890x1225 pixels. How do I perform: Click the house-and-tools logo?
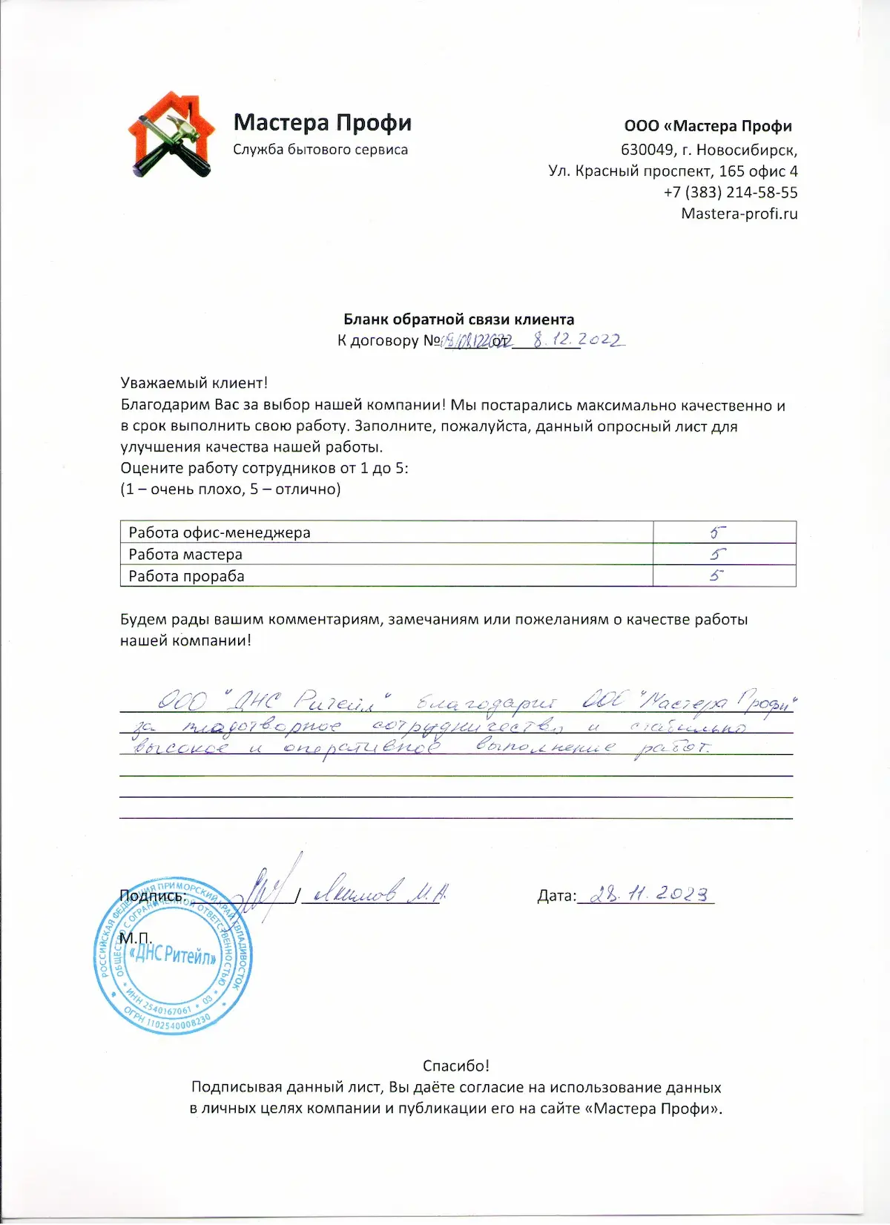point(171,136)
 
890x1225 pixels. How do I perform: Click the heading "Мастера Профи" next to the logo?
point(322,122)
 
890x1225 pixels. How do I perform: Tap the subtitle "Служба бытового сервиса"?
point(320,150)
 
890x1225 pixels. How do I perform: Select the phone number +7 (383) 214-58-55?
point(731,193)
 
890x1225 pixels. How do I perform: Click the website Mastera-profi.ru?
point(739,214)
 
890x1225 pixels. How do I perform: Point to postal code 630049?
point(647,150)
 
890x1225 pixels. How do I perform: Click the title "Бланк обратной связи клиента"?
point(458,320)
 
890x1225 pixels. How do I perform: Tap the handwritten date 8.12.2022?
point(578,340)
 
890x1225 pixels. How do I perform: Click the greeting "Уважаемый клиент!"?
point(194,383)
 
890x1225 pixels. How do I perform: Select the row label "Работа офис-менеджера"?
point(220,532)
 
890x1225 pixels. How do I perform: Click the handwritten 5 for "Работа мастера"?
point(717,554)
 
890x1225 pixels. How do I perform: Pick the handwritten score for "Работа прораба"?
point(716,575)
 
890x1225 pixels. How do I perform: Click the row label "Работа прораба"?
point(186,576)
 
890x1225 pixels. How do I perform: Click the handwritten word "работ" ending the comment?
point(672,747)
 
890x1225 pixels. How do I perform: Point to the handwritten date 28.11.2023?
point(644,894)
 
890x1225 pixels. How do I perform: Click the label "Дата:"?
point(556,897)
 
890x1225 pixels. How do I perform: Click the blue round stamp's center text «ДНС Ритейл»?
point(172,956)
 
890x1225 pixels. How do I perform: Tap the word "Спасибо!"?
point(456,1066)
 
